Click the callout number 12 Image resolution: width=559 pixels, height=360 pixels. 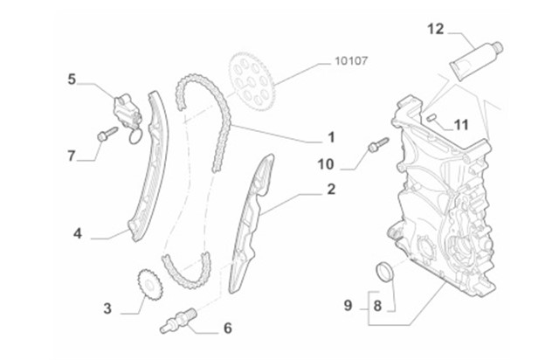(436, 29)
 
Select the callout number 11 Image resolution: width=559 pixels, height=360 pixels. (461, 124)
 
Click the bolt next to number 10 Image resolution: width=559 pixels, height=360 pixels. (377, 145)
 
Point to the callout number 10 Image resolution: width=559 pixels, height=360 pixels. (326, 163)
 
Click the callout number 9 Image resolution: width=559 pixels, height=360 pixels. (349, 306)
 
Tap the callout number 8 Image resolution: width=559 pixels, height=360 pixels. (378, 306)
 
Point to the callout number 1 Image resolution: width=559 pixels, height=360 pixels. (331, 137)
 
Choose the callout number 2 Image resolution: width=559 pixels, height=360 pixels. (331, 189)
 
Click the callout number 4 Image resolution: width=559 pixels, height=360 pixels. (78, 234)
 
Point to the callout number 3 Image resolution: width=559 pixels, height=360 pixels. (107, 308)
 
